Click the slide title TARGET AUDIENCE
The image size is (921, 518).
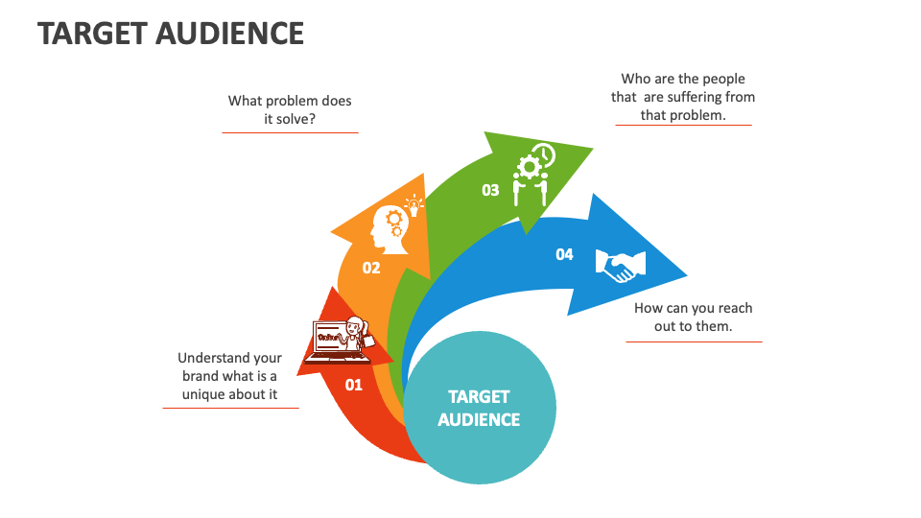tap(171, 34)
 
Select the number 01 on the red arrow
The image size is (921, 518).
tap(354, 385)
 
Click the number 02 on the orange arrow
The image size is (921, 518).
tap(371, 268)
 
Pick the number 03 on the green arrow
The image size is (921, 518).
tap(490, 190)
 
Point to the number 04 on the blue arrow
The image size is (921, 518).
tap(564, 254)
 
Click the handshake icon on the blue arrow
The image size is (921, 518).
tap(621, 265)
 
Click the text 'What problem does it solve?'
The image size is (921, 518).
tap(290, 109)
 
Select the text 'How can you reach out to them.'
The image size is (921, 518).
tap(694, 317)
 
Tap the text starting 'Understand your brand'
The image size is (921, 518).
tap(230, 376)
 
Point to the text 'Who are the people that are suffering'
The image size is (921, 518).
tap(683, 97)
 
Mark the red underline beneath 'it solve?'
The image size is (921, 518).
tap(290, 132)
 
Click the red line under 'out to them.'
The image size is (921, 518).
tap(694, 341)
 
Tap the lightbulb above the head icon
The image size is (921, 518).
tap(414, 204)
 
